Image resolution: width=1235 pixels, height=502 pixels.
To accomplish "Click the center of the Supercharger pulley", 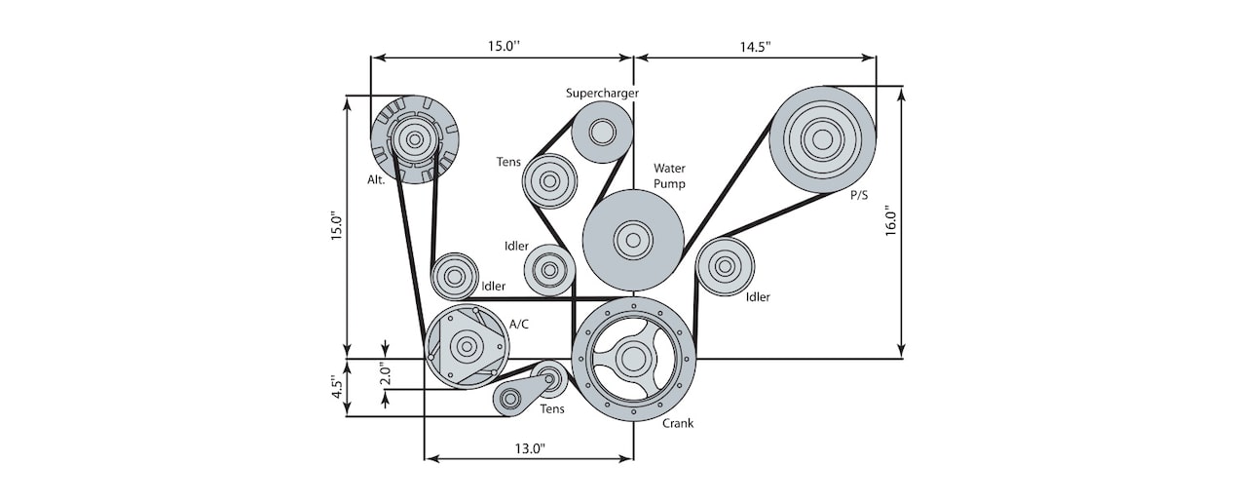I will (601, 133).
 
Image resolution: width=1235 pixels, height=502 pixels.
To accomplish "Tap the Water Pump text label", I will (669, 175).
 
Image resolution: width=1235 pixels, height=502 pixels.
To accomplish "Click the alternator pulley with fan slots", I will (415, 139).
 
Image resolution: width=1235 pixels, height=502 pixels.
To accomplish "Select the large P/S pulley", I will (822, 139).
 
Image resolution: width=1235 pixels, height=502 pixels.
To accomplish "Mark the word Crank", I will (678, 423).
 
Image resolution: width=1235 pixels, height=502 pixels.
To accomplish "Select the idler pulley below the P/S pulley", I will (725, 265).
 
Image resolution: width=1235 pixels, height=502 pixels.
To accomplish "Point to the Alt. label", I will (376, 180).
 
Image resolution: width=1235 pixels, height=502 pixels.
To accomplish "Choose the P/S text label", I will (859, 195).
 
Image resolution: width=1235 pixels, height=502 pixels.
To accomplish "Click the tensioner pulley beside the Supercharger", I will (550, 180).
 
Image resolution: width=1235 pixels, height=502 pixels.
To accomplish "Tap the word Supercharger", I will (602, 94).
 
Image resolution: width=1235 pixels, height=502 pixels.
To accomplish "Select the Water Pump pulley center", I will (632, 239).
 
